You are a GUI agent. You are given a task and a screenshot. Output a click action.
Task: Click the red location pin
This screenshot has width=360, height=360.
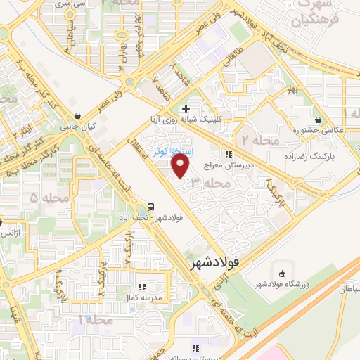(x=181, y=166)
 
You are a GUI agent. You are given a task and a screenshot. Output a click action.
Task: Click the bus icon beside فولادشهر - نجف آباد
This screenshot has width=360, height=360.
(x=150, y=207)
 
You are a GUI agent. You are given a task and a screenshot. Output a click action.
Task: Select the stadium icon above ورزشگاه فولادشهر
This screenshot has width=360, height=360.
(x=283, y=274)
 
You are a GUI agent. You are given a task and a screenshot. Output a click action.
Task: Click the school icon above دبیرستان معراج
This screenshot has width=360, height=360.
(x=229, y=154)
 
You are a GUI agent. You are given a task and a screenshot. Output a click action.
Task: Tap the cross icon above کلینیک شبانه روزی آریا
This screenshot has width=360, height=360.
(x=186, y=108)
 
